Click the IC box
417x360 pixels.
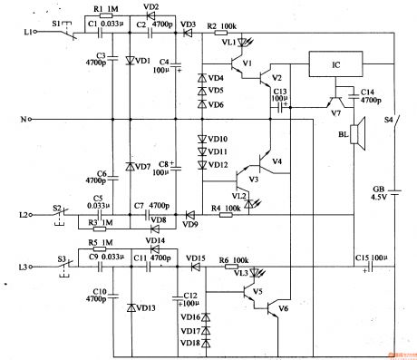(336, 65)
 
